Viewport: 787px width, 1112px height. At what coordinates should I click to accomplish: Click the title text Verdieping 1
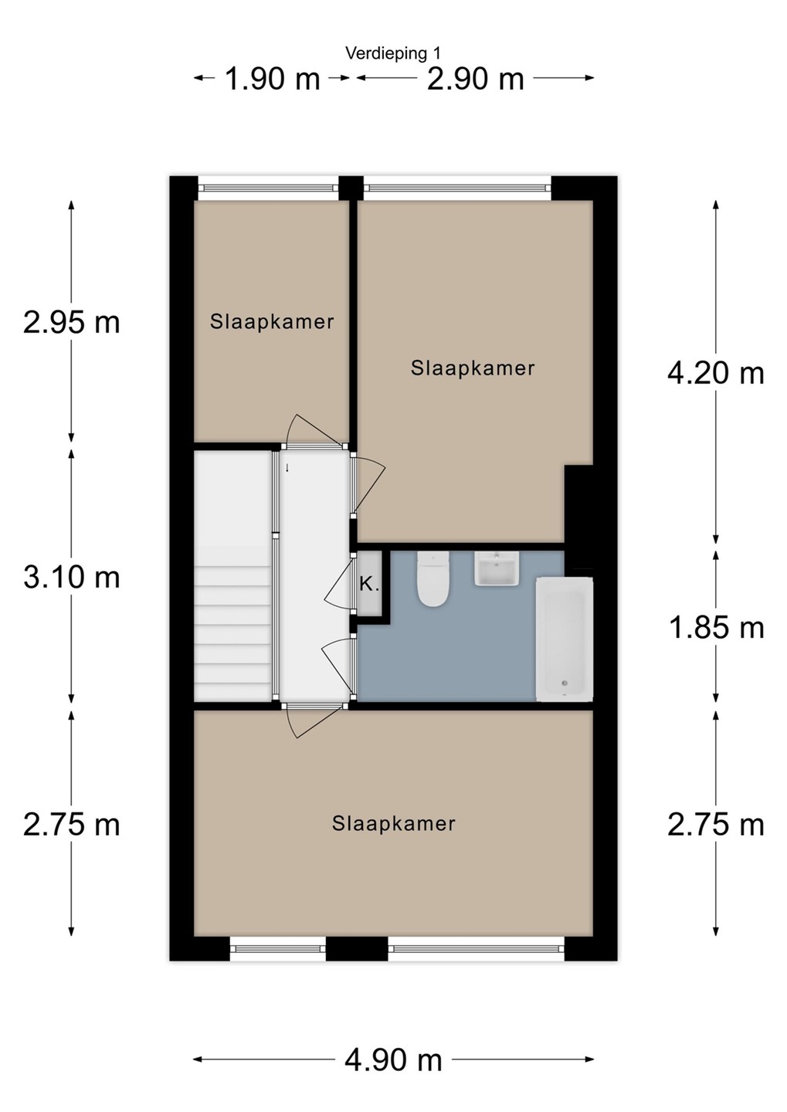(393, 53)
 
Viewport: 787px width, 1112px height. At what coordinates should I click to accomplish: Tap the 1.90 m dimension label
(273, 80)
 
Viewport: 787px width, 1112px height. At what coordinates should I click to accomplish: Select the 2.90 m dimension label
(475, 80)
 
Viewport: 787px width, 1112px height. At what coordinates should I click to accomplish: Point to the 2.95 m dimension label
(72, 323)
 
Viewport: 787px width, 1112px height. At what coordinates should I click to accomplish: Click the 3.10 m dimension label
(72, 578)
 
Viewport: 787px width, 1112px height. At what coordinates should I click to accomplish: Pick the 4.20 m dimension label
(715, 373)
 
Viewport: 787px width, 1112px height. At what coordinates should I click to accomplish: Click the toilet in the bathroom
(433, 578)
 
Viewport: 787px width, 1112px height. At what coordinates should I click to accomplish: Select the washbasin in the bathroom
(497, 568)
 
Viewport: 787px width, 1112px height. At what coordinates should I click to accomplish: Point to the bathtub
(564, 639)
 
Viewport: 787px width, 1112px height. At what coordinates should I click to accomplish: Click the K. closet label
(369, 585)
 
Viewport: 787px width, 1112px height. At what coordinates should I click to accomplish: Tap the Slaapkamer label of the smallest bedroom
(272, 322)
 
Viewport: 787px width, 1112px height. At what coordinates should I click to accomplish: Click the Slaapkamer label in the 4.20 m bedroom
(473, 368)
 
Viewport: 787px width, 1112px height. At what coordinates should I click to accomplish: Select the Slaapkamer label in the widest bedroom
(394, 824)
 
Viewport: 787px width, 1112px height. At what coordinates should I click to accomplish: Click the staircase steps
(233, 623)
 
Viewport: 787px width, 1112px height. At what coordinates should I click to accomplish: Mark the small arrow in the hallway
(287, 467)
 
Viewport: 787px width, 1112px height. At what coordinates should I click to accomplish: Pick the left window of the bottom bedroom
(278, 948)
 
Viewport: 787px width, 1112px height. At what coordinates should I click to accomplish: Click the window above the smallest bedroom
(268, 188)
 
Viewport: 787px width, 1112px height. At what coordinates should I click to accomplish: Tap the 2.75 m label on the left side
(72, 825)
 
